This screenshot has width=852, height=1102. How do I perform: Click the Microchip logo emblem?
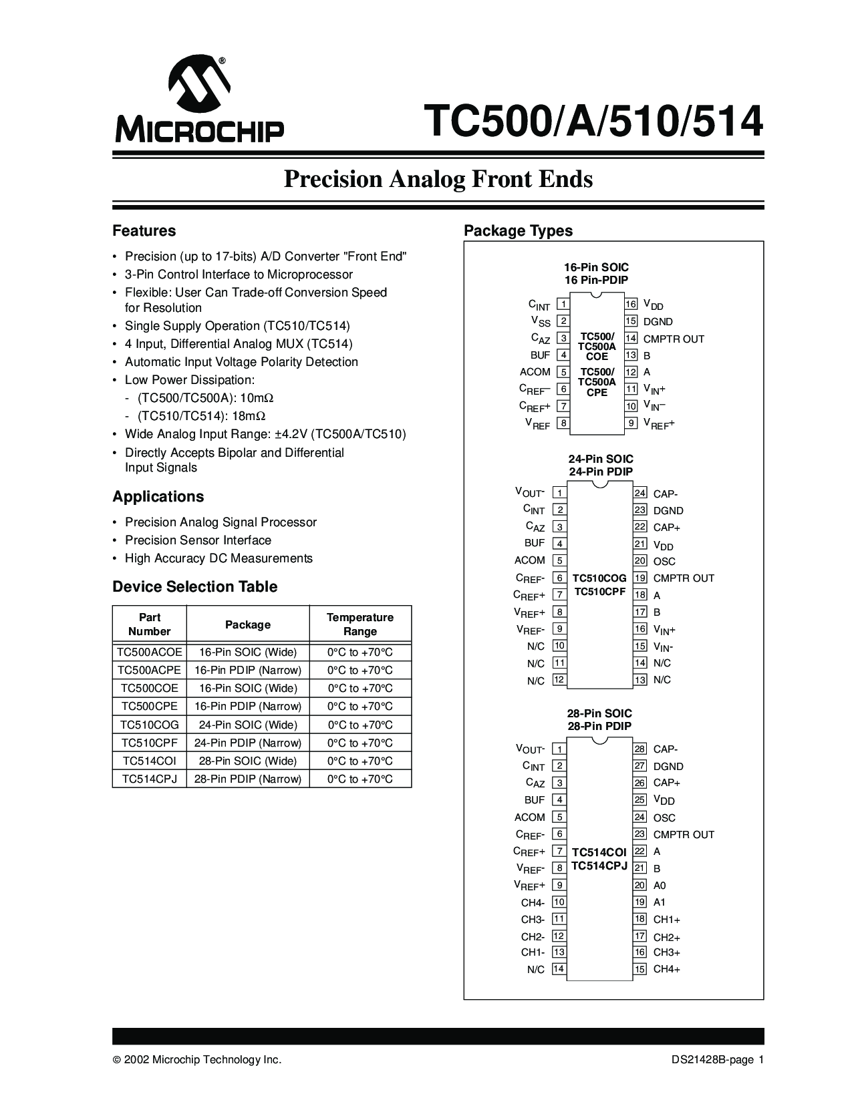pos(199,83)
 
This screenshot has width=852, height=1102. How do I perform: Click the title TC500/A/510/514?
pos(593,121)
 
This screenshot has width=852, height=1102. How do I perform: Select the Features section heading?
pos(144,231)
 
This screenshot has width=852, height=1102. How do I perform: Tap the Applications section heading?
pos(158,497)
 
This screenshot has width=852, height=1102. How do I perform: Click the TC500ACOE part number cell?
pos(149,653)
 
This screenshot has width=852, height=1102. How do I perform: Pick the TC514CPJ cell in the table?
pos(149,779)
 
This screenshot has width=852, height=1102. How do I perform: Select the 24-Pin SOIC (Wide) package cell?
pos(247,725)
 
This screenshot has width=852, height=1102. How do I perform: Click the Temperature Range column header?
pos(360,624)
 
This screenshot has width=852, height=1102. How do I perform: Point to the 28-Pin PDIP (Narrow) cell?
pos(247,779)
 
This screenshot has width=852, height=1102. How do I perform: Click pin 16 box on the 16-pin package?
pos(631,305)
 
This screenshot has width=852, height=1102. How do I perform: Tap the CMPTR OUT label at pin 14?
pos(674,339)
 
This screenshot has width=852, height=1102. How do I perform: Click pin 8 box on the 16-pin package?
pos(563,423)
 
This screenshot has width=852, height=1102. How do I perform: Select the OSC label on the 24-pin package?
pos(664,562)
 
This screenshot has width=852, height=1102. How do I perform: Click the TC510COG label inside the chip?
pos(599,578)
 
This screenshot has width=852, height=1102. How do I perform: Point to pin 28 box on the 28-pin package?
pos(640,749)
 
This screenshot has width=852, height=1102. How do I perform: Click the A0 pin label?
pos(660,886)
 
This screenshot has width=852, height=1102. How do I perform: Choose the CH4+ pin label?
pos(666,969)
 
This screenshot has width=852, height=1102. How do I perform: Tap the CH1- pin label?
pos(533,952)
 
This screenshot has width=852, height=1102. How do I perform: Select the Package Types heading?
pos(518,231)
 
